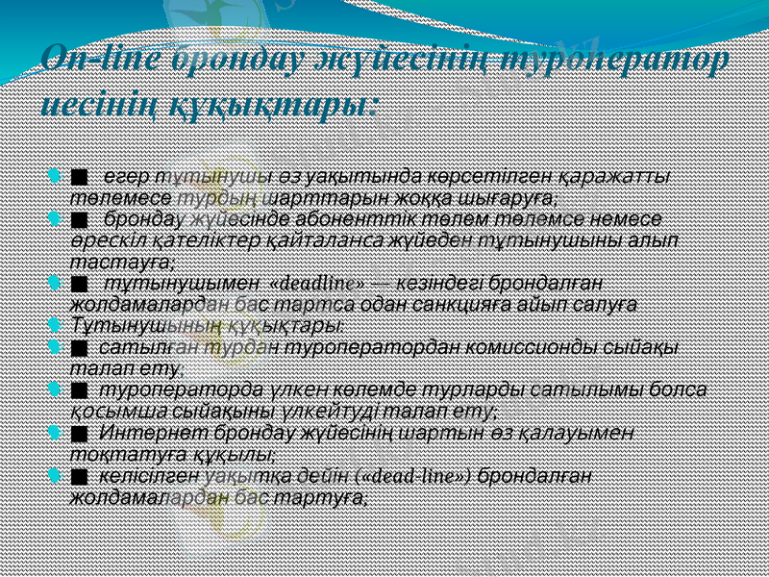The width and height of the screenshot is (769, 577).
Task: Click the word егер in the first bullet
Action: click(x=126, y=176)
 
